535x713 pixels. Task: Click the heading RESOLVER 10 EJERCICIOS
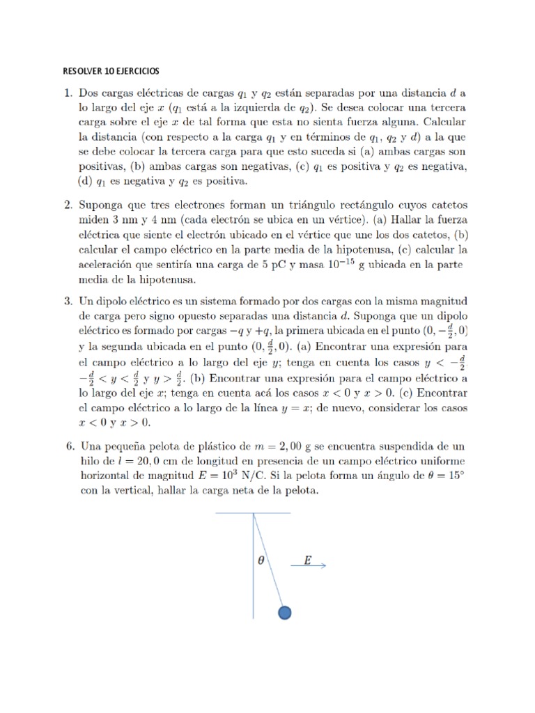click(x=111, y=71)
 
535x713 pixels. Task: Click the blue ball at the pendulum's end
click(x=284, y=612)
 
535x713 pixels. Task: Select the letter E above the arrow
click(x=307, y=560)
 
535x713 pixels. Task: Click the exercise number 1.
click(x=68, y=93)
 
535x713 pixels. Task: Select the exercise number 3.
click(x=68, y=301)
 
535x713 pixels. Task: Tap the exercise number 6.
click(x=68, y=446)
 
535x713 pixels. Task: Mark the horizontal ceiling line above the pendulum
click(x=253, y=513)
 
